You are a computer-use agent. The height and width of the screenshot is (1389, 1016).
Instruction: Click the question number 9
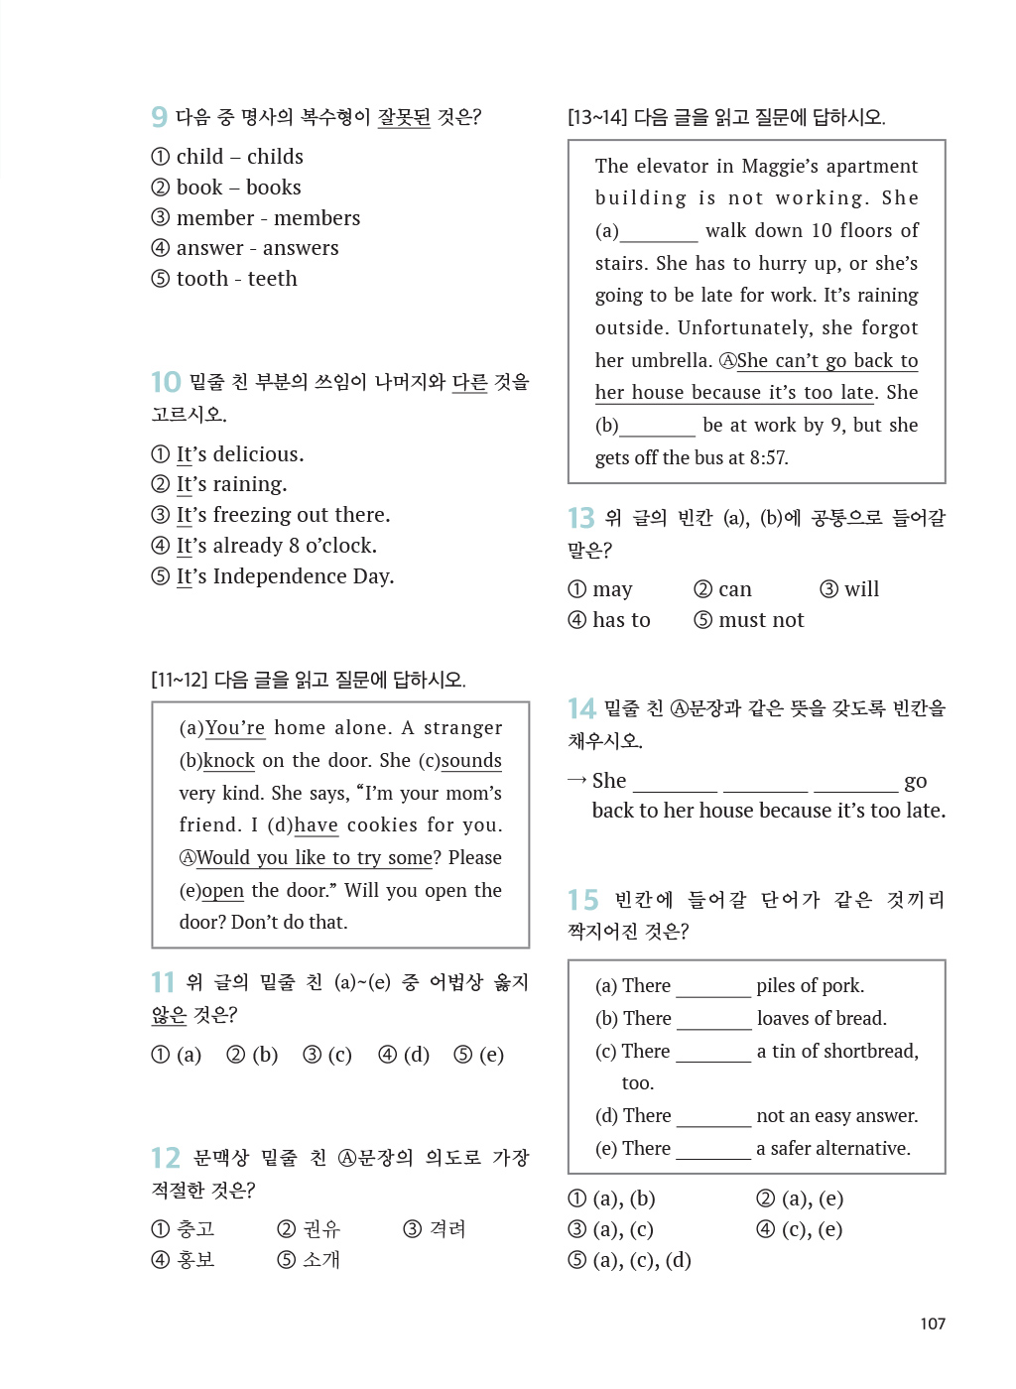pyautogui.click(x=159, y=117)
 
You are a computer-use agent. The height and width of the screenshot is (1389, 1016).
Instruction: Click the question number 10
pyautogui.click(x=166, y=382)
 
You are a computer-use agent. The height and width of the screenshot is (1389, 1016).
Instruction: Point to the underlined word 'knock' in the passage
pyautogui.click(x=229, y=761)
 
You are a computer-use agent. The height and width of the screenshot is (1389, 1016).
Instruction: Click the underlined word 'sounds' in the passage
pyautogui.click(x=471, y=761)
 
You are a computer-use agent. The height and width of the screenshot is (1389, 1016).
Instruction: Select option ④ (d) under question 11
pyautogui.click(x=404, y=1055)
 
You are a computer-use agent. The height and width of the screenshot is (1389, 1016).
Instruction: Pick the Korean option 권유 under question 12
pyautogui.click(x=310, y=1229)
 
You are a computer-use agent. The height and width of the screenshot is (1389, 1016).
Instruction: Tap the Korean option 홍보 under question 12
pyautogui.click(x=184, y=1260)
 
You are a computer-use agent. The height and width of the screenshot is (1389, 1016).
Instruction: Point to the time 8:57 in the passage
pyautogui.click(x=769, y=458)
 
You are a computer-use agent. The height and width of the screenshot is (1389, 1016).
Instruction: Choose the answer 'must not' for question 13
pyautogui.click(x=749, y=620)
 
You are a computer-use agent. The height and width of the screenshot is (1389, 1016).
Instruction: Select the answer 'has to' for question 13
pyautogui.click(x=610, y=620)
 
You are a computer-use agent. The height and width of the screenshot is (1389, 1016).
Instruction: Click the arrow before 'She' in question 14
pyautogui.click(x=576, y=781)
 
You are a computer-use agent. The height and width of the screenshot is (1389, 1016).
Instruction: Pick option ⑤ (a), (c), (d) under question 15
pyautogui.click(x=630, y=1261)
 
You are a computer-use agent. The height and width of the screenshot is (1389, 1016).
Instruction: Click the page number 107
pyautogui.click(x=933, y=1324)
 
